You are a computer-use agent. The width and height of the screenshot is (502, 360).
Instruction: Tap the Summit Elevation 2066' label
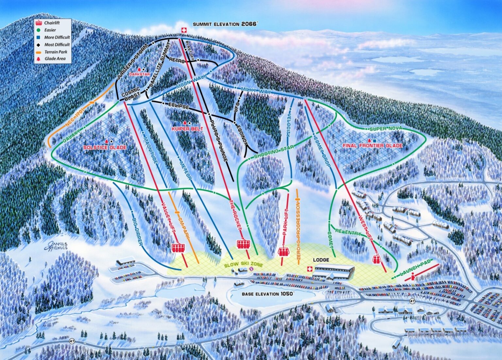coord(225,24)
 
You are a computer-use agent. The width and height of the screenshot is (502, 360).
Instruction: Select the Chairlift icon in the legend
coord(39,23)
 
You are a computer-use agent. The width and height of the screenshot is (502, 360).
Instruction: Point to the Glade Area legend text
coord(55,59)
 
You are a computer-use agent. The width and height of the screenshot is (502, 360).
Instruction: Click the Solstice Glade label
coord(105,147)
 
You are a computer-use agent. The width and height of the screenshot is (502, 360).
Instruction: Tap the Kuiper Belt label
coord(187,129)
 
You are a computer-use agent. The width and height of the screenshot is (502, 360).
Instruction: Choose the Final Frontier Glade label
coord(372,145)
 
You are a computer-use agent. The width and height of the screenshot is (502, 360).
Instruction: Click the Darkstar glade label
coord(139,74)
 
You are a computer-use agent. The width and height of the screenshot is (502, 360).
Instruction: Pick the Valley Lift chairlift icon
coord(178,248)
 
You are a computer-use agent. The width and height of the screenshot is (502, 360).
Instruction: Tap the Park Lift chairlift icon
coord(283,251)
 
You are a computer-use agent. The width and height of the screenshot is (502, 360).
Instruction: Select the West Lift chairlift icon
coord(377,259)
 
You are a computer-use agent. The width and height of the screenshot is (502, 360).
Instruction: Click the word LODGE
coord(321,260)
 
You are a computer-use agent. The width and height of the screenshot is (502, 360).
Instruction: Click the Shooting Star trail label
coord(274,152)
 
